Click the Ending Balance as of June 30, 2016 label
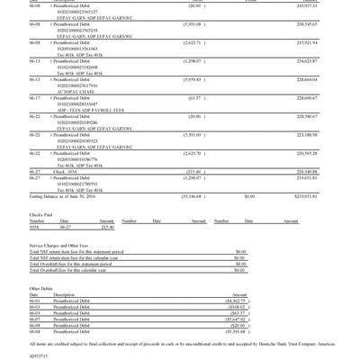pos(62,195)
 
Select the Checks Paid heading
pos(43,215)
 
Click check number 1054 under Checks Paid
pos(36,228)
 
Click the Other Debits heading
pos(41,289)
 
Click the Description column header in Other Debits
pos(64,295)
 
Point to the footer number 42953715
pos(39,355)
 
